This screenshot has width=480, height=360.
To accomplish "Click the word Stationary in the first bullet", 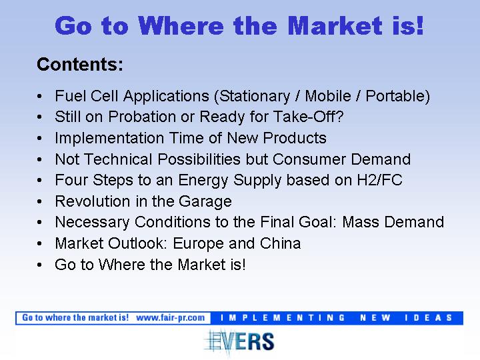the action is coord(255,96).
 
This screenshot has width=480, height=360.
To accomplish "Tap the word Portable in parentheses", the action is coord(395,96).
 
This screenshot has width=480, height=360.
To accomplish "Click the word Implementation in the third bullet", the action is coord(109,138).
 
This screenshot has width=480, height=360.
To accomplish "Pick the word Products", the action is coord(295,138).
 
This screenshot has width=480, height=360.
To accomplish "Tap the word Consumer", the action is coord(309,159).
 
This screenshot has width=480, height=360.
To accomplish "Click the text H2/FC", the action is coord(379,180).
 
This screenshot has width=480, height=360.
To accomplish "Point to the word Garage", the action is coord(205,202).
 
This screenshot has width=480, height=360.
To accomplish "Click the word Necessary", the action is coord(92,222).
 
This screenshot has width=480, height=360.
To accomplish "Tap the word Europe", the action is coord(199,244).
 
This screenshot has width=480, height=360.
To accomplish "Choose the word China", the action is coord(280,244).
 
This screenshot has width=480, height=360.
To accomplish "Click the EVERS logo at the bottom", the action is coord(239,341).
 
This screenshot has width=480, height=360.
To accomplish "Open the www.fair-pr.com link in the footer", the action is coord(171,318).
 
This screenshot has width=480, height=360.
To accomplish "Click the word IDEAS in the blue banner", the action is coord(428,318).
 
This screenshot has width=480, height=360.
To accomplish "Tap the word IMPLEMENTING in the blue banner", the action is coord(283,318).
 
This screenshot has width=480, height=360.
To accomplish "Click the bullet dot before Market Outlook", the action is coord(39,244).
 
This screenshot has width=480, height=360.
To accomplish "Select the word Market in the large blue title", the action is coord(335,26).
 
